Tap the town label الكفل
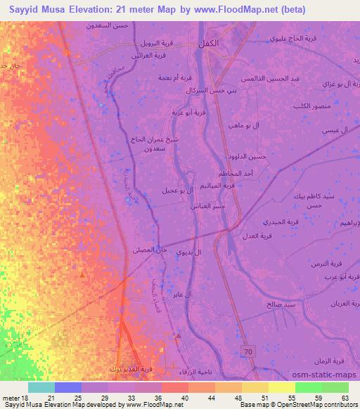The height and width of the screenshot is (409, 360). click(x=208, y=43)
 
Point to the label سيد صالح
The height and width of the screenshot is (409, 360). click(x=280, y=305)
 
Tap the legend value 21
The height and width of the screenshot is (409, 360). click(x=51, y=398)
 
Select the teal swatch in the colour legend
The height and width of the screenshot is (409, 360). click(x=41, y=387)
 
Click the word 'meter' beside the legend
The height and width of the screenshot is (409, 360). click(x=14, y=398)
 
